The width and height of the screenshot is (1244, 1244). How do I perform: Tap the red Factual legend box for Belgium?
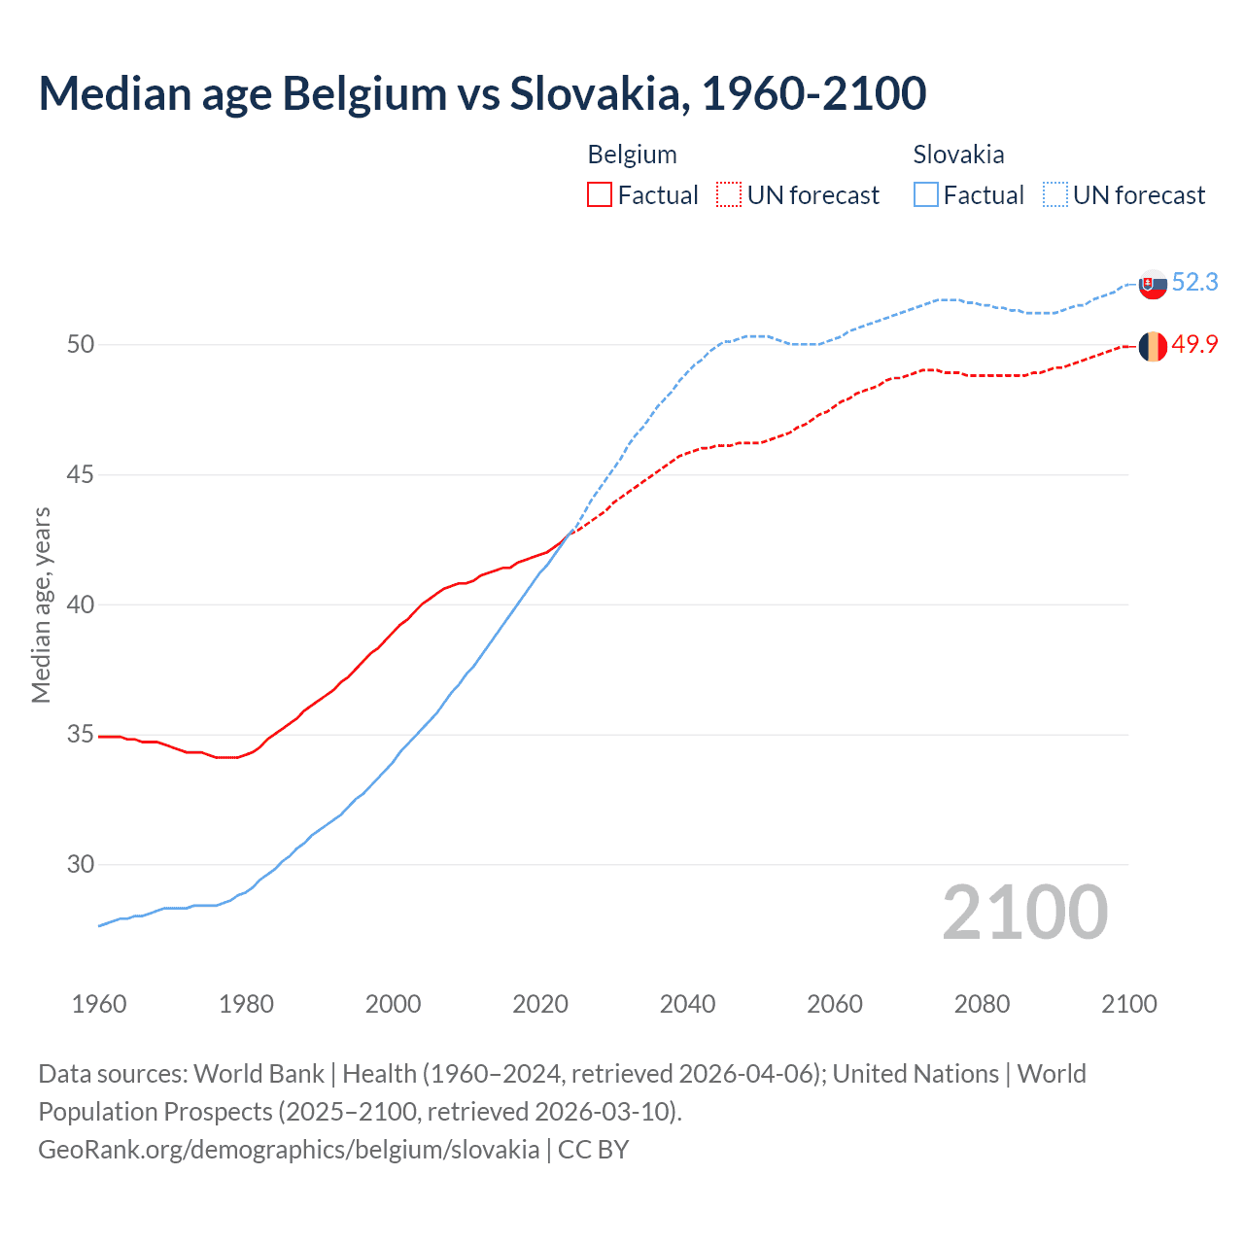(600, 195)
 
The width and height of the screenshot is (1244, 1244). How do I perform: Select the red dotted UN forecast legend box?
(729, 195)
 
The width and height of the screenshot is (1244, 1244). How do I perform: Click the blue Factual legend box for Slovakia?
(925, 195)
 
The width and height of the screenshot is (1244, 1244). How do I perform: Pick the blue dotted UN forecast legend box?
(1054, 195)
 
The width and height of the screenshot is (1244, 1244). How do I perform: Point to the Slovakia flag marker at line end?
(1153, 284)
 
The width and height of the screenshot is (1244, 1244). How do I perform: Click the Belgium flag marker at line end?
(1153, 346)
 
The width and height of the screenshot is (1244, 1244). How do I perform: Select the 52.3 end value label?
(1194, 282)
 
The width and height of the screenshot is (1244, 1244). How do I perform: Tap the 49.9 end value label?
(1194, 345)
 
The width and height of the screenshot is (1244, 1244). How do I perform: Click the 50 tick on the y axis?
(81, 345)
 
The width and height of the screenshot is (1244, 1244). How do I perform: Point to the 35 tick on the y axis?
(81, 735)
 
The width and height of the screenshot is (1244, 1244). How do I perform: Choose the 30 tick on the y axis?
(81, 865)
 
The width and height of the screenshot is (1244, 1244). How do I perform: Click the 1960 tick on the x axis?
(99, 1004)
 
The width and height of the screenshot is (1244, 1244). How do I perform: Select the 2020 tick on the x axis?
(540, 1004)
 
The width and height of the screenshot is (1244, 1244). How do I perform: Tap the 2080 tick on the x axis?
(982, 1004)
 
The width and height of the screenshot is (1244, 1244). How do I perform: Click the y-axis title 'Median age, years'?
(41, 605)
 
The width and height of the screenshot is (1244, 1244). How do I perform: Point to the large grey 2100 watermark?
(1024, 913)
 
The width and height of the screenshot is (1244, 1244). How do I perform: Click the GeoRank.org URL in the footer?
(289, 1150)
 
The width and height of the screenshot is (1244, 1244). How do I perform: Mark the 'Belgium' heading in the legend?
(632, 155)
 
